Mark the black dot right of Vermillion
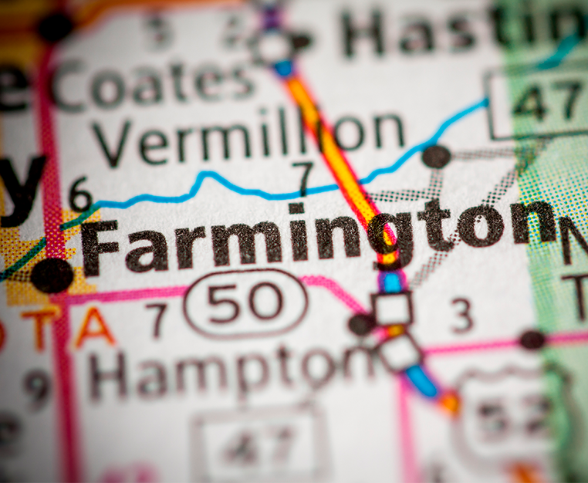(x=436, y=157)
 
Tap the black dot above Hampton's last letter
(x=360, y=324)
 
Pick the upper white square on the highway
(x=393, y=309)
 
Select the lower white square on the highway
(x=400, y=353)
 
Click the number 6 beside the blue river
(x=79, y=194)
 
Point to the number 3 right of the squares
(x=461, y=316)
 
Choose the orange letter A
(x=95, y=327)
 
